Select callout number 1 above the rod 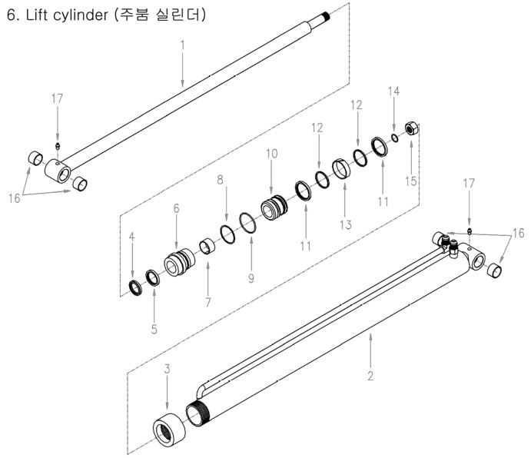(182, 45)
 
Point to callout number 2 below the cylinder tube (370, 376)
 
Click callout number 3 (167, 369)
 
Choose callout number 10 (271, 154)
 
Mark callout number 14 (393, 91)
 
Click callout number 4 (132, 238)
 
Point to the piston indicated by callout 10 (275, 208)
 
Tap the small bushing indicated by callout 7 (206, 247)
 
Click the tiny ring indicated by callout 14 (394, 138)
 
